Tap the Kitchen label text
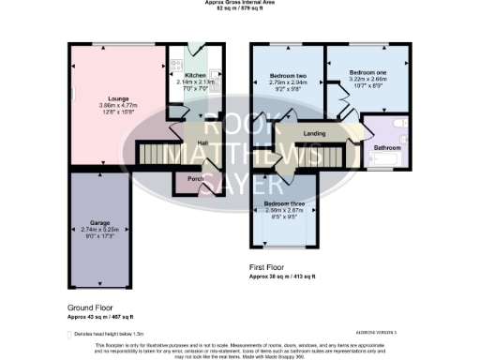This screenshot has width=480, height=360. [195, 75]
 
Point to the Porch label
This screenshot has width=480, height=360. [196, 179]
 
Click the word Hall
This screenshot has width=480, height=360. [202, 142]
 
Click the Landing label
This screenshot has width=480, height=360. [314, 134]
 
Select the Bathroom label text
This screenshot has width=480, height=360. [387, 148]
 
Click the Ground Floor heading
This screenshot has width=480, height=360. [92, 308]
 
